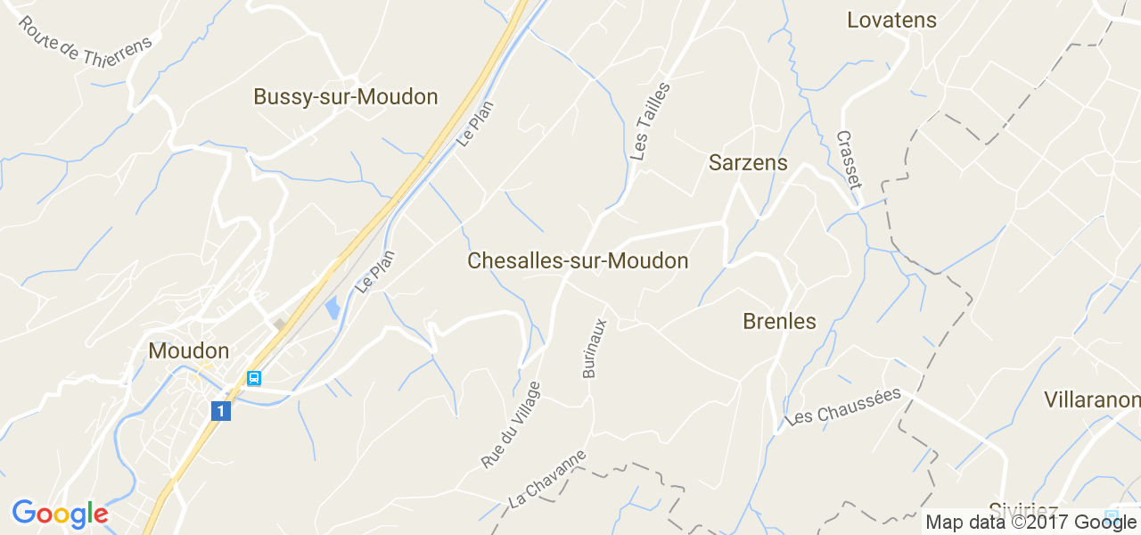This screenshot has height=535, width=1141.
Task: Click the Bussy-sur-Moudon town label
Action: tap(346, 97)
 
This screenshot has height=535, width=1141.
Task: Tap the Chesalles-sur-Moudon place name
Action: tap(578, 261)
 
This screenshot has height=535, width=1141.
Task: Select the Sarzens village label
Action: tap(748, 163)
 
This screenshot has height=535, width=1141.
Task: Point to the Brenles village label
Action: tap(779, 322)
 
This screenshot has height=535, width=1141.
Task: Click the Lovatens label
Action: tap(891, 21)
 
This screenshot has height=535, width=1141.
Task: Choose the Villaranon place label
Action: tap(1092, 399)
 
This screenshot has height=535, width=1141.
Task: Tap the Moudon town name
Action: tap(189, 351)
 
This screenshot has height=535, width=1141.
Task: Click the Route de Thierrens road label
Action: tap(86, 43)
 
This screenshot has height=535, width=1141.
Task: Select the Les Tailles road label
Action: tap(650, 121)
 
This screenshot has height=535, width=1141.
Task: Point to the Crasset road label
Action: tap(849, 160)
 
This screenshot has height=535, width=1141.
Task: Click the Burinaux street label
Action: tap(595, 347)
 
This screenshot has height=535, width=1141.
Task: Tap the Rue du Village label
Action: tap(511, 424)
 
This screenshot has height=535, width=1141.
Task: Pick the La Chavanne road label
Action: tap(547, 479)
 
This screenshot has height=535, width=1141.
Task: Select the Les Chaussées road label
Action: tap(844, 406)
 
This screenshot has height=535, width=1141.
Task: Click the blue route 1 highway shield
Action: tap(221, 411)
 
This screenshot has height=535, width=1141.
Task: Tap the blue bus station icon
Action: tap(254, 378)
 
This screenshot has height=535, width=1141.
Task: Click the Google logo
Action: tap(60, 514)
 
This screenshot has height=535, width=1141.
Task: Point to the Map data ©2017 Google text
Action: tap(1031, 523)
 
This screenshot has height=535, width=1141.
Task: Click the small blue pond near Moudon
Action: tap(332, 309)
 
